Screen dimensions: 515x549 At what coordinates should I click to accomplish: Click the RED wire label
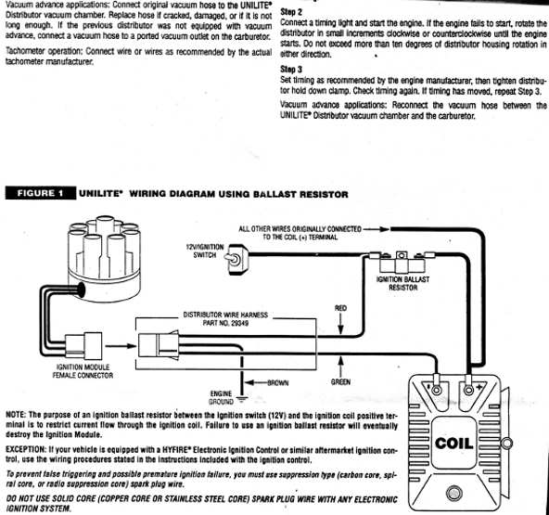(340, 308)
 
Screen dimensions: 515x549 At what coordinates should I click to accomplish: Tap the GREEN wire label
(340, 381)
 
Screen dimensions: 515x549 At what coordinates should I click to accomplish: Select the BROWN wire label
(278, 381)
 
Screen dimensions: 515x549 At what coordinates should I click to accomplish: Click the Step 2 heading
(290, 11)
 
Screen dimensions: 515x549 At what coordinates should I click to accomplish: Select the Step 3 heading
(290, 69)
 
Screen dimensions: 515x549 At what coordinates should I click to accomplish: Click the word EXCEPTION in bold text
(28, 446)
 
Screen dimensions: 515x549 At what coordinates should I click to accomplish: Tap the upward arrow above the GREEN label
(340, 362)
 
